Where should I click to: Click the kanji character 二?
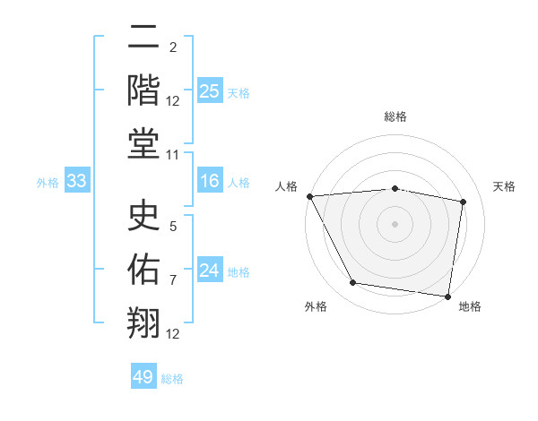pos(143,39)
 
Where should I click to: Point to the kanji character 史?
pos(143,216)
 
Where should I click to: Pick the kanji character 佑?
pos(143,270)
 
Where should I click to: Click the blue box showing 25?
pos(209,90)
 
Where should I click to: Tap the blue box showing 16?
pos(209,182)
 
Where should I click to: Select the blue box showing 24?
pos(209,271)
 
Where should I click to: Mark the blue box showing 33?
pos(76,182)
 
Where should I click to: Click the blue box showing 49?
pos(143,377)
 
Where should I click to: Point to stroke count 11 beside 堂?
pos(173,155)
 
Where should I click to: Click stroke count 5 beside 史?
pos(173,227)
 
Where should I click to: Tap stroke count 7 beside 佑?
pos(173,280)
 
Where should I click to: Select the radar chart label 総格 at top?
pos(395,116)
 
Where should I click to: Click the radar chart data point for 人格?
pos(309,195)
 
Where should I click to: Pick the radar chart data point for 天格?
pos(464,202)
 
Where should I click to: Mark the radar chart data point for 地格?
pos(448,296)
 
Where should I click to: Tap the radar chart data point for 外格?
pos(353,283)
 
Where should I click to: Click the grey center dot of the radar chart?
pos(395,223)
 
